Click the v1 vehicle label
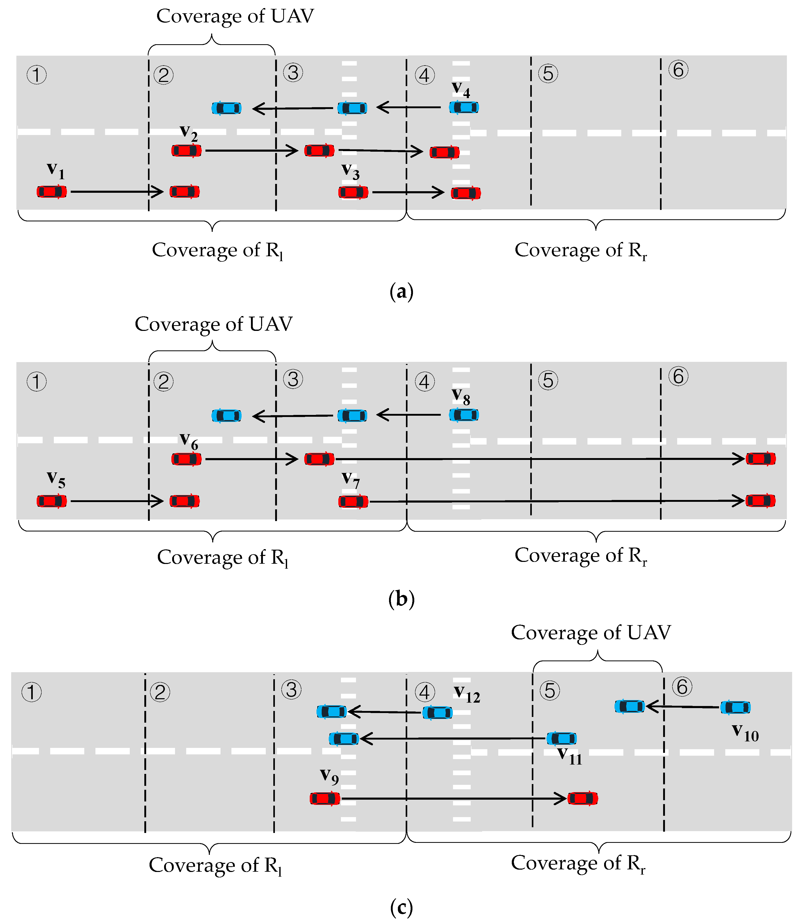(x=56, y=171)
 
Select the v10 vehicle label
(x=745, y=732)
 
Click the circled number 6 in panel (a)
(x=678, y=70)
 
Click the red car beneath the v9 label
(x=325, y=798)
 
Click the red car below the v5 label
(x=52, y=501)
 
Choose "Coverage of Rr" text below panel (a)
(x=580, y=250)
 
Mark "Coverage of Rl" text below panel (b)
(x=222, y=558)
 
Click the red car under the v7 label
(x=353, y=501)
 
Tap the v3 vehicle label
(x=351, y=171)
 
